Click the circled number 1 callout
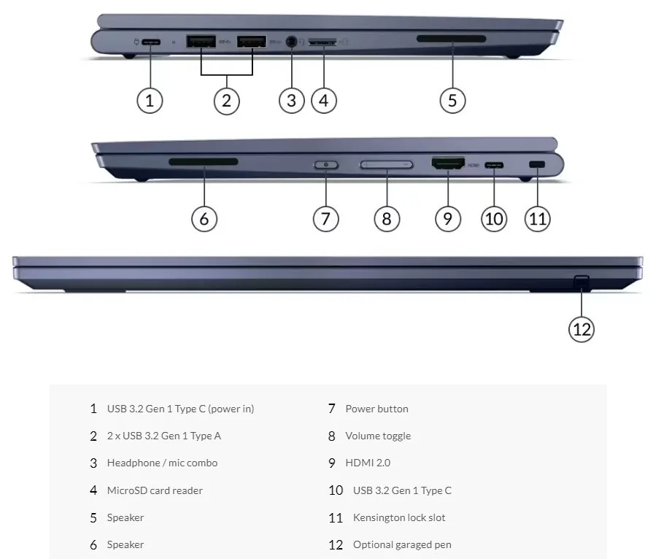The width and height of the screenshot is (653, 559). click(150, 100)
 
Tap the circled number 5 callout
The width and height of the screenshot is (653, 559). click(452, 100)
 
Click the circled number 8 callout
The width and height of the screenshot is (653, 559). click(387, 218)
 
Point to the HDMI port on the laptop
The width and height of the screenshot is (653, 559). click(448, 165)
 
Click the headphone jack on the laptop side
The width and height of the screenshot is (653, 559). click(292, 42)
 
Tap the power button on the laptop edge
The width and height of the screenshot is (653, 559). click(325, 165)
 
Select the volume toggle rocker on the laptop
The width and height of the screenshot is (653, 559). click(386, 166)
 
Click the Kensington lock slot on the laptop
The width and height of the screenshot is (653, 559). click(537, 165)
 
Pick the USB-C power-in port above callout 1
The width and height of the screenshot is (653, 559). click(150, 42)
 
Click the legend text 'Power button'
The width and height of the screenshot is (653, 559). click(376, 409)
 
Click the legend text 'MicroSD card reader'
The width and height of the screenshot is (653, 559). click(155, 490)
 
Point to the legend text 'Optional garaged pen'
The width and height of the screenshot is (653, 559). click(402, 544)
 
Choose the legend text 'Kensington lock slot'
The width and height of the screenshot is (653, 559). click(399, 517)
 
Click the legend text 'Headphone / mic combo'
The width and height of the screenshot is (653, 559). click(162, 463)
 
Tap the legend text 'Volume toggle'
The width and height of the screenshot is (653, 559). click(378, 436)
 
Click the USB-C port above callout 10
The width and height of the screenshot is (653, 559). click(494, 165)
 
